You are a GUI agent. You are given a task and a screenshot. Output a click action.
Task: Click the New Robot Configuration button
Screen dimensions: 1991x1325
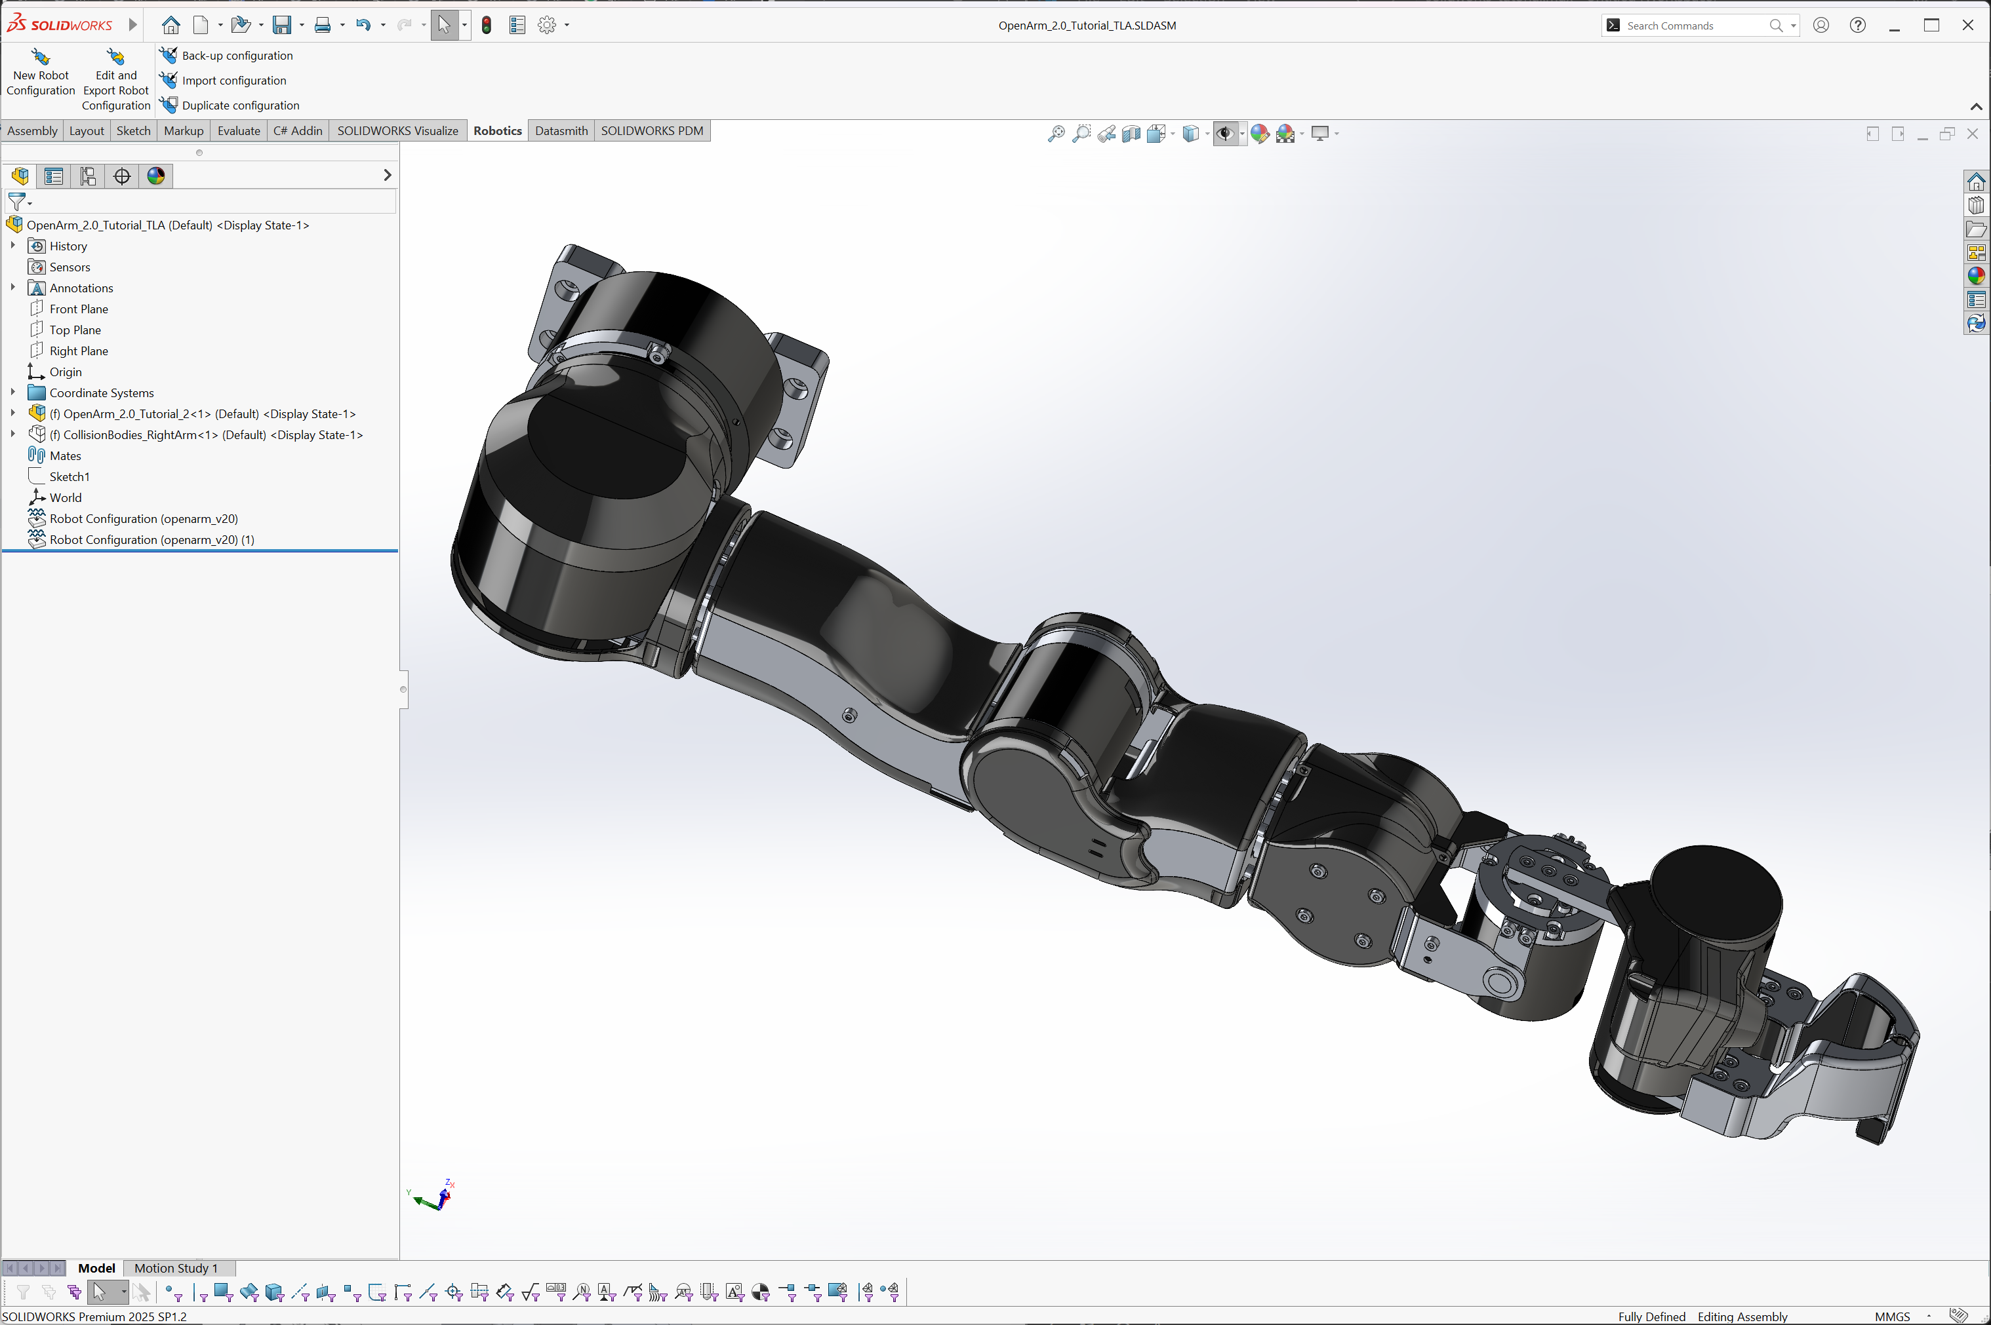[41, 73]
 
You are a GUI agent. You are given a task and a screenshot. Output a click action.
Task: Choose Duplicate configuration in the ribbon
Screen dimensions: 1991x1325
[230, 105]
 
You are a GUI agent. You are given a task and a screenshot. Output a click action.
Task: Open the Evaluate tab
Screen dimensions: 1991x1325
[239, 131]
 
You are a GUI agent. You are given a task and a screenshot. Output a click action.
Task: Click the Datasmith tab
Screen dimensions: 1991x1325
[561, 131]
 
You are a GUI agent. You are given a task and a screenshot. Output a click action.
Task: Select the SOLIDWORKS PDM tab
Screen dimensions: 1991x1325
[652, 131]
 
